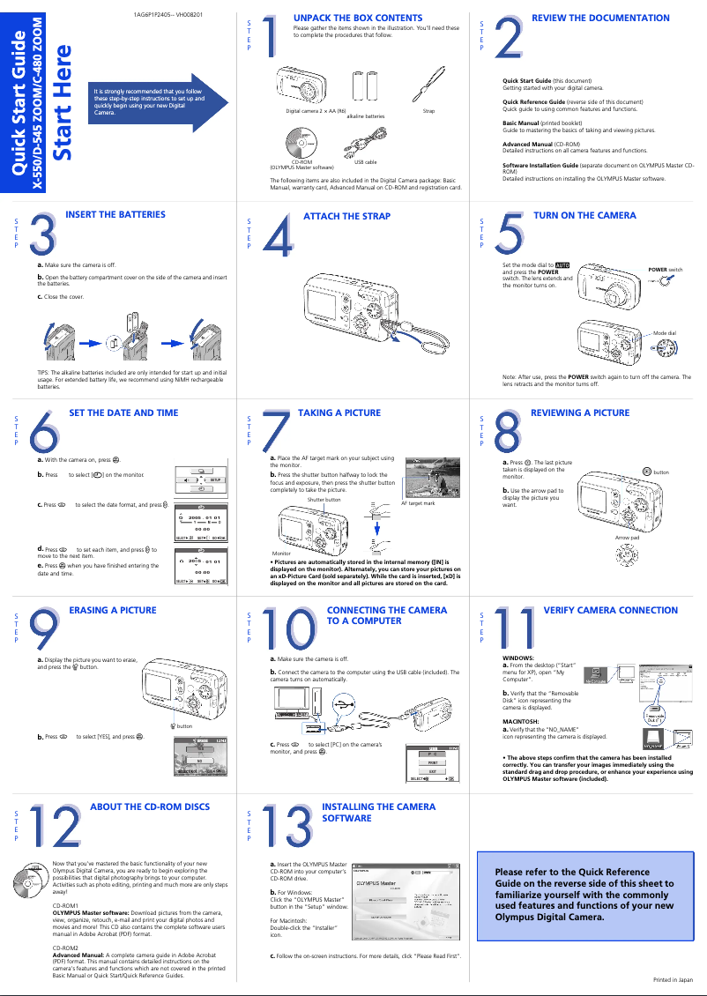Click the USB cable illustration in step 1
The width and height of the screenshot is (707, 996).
point(365,142)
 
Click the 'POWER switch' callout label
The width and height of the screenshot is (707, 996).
point(665,269)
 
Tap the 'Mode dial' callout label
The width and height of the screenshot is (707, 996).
point(664,333)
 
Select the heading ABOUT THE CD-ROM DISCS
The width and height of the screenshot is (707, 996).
point(150,806)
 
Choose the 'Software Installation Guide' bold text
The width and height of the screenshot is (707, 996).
point(540,165)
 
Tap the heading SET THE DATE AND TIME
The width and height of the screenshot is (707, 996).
point(123,413)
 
